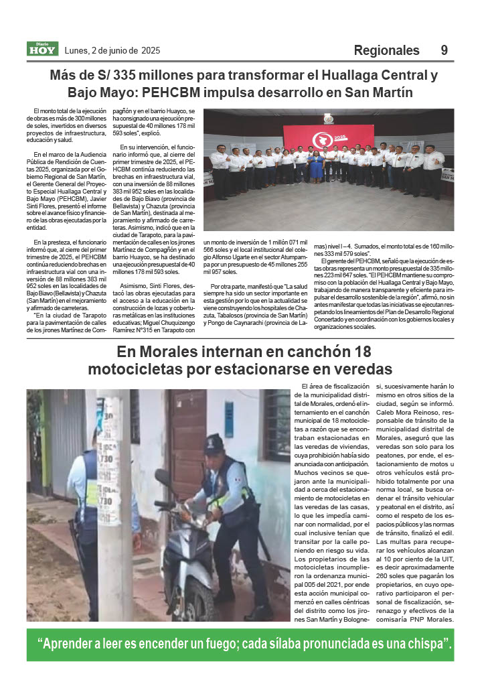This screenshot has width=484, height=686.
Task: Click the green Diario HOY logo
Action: [x=42, y=49]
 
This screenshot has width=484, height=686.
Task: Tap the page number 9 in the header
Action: [x=445, y=50]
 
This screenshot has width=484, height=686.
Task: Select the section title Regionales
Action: [x=386, y=50]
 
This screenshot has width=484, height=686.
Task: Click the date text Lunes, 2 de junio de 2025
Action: [x=112, y=50]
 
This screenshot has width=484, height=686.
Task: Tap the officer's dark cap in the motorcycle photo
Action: [x=214, y=443]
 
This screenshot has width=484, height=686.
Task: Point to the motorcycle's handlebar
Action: [x=167, y=499]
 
